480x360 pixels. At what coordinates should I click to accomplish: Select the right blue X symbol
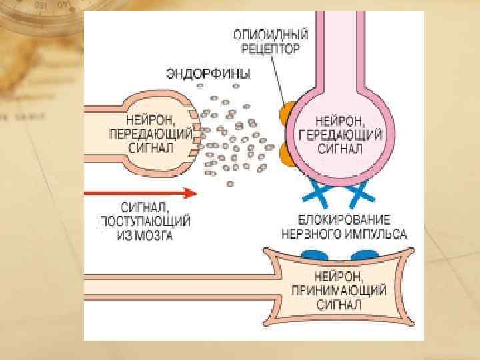pyautogui.click(x=359, y=194)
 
